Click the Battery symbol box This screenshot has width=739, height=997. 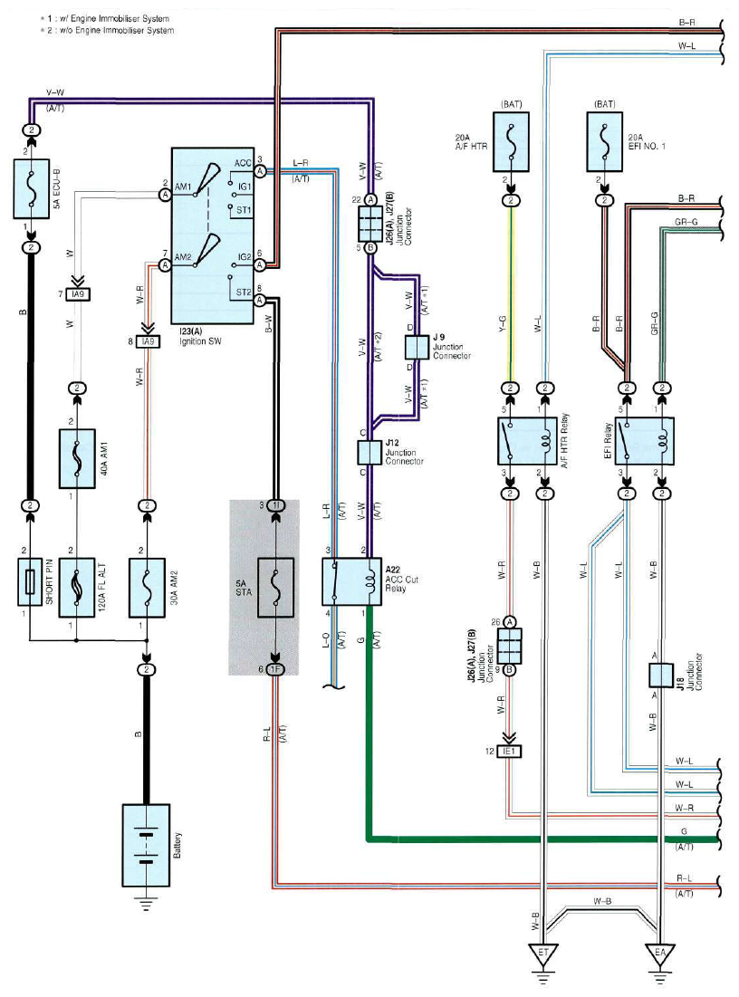coord(146,845)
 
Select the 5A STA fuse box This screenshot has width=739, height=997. coord(275,588)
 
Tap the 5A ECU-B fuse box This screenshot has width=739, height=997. coord(32,189)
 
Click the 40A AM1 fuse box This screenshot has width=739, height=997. coord(77,458)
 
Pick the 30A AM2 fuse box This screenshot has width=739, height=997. coord(147,588)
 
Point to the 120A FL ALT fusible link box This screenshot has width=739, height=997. coord(77,588)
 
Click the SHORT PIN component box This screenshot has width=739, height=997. coord(29,581)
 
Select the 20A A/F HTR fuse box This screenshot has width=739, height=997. coord(511,142)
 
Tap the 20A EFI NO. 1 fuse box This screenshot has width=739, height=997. coord(604,142)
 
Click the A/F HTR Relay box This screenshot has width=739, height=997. coord(527,441)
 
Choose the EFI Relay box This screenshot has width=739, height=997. coord(644,441)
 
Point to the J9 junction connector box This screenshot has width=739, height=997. coord(417,347)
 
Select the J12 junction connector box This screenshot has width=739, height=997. coord(369,453)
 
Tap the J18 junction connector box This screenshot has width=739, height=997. coord(661,676)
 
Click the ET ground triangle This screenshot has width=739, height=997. coord(543,954)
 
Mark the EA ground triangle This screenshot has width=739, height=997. coord(660,954)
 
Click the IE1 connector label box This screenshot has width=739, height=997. coord(509,752)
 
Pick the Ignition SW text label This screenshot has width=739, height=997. coord(201,341)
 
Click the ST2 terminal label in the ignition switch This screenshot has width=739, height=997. coord(244,292)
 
